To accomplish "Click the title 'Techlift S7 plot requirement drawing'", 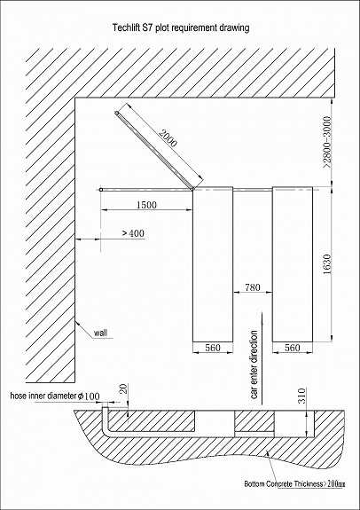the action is [181, 28].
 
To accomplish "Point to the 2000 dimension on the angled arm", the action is [168, 138].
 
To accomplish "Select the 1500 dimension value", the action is [146, 205].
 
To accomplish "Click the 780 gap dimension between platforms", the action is [252, 287].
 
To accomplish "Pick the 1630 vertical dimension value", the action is [327, 263].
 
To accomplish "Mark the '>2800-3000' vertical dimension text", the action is [327, 142].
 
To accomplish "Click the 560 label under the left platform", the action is [213, 348].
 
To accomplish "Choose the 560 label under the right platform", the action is [292, 348].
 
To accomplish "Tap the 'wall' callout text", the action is [100, 333].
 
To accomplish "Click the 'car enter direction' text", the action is [254, 365].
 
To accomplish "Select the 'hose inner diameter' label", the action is [43, 396].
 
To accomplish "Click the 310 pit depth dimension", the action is [302, 396].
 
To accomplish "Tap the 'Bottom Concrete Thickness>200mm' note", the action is [294, 484].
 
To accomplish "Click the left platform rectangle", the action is [213, 264].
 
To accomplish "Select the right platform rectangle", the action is [293, 264].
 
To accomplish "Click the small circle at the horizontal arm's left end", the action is [101, 190].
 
